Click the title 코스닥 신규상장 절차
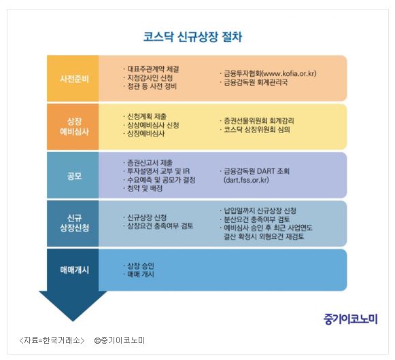192,37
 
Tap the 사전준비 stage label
74,79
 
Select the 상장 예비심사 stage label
74,126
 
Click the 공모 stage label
74,176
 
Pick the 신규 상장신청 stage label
74,223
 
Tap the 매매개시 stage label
74,270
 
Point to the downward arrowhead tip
73,321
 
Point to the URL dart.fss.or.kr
246,180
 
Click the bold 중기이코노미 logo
351,319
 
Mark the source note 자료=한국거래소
52,340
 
